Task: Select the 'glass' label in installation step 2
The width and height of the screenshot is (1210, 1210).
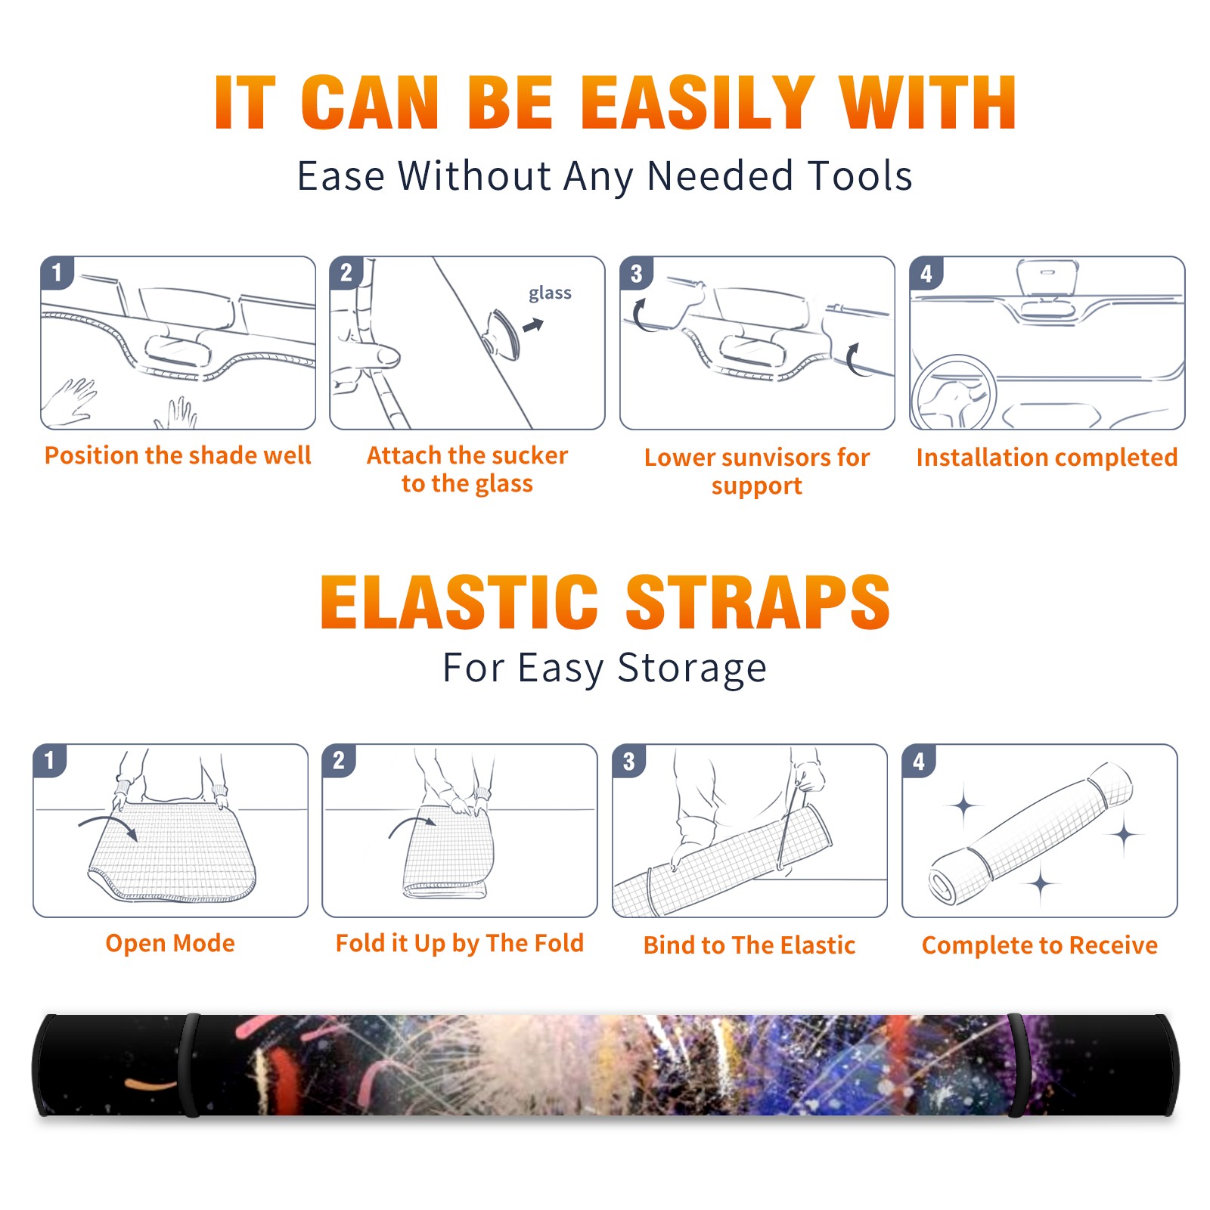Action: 550,293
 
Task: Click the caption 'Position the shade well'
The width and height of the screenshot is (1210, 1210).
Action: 178,455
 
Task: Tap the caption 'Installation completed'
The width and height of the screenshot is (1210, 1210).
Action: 1047,457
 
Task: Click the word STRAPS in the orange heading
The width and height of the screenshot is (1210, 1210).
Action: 758,602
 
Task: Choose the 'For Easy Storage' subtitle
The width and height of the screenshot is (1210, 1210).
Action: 604,668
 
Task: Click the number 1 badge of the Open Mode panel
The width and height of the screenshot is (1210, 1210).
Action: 50,760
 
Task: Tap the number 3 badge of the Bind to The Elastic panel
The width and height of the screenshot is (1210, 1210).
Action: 629,760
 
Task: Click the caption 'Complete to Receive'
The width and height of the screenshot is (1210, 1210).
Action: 1040,945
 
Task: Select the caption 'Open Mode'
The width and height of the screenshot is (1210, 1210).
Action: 170,943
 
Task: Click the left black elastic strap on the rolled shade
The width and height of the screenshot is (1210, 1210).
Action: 190,1065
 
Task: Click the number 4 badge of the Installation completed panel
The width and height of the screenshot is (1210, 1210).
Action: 926,273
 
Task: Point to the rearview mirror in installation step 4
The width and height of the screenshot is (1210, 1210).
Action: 1047,278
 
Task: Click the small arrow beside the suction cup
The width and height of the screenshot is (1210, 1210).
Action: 534,325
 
